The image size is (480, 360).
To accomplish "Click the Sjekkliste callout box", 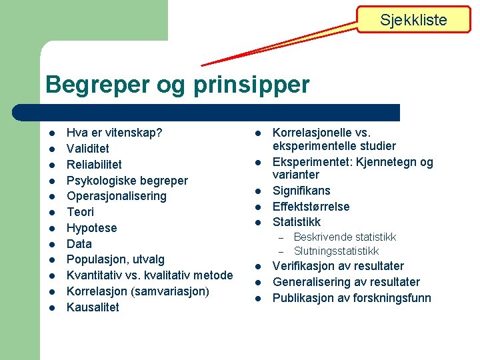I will tap(413, 20).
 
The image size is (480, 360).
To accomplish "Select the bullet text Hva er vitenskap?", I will tap(114, 133).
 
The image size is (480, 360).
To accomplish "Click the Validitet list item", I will tap(88, 149).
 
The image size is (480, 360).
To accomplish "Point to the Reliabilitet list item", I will tap(94, 165).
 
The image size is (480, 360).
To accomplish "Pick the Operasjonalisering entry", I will tap(117, 196).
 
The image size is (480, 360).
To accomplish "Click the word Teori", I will tap(81, 212).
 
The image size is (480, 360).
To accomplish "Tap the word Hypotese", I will tap(91, 228).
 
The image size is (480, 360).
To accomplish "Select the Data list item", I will tap(79, 244).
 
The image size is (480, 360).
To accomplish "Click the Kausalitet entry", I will tap(93, 307).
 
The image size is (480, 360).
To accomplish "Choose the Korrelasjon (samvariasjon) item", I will tap(138, 291).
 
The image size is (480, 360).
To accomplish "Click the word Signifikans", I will tap(301, 191).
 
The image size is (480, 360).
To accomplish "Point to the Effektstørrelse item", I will tap(311, 207).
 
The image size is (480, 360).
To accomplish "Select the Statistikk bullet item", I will tap(297, 222).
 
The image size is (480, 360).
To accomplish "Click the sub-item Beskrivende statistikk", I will tap(345, 237).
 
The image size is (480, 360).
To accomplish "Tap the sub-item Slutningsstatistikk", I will tap(336, 251).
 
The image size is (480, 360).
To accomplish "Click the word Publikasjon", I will tap(303, 298).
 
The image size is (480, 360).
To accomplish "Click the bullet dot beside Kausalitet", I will tap(51, 308).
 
